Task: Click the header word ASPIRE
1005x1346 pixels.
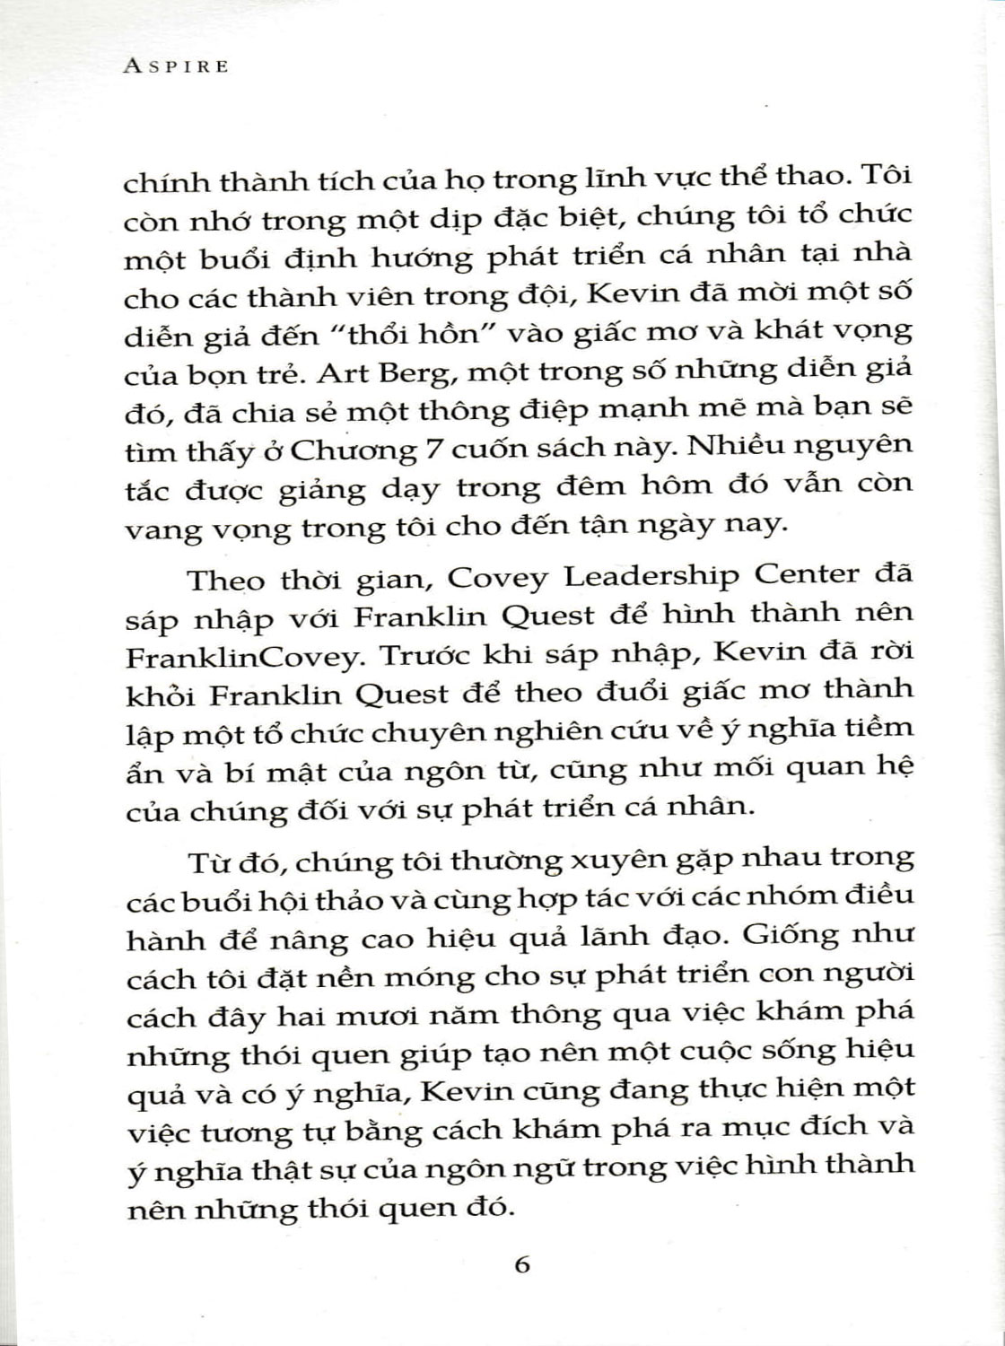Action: point(177,66)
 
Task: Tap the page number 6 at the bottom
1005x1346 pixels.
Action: point(522,1265)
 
